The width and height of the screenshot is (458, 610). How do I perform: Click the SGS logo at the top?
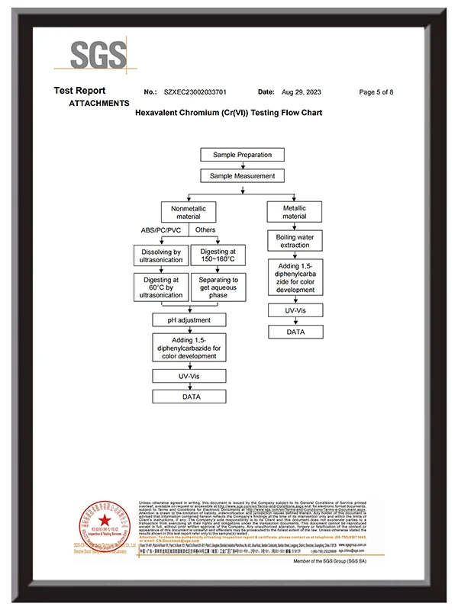click(98, 55)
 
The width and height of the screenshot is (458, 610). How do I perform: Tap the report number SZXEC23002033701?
click(195, 92)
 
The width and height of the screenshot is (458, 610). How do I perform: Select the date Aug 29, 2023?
click(302, 92)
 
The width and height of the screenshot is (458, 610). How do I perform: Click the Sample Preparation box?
click(242, 155)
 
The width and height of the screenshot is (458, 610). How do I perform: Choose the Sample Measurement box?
click(242, 175)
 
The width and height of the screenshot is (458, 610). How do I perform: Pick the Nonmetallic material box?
click(189, 212)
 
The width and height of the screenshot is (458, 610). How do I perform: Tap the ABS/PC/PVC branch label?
click(160, 230)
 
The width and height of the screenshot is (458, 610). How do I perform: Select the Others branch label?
click(205, 230)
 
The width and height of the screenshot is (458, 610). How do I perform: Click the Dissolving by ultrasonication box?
click(161, 256)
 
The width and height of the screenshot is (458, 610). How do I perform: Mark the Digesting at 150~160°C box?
click(218, 256)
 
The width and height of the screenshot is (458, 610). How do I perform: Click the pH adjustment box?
click(189, 319)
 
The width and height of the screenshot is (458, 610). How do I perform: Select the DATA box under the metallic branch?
click(295, 332)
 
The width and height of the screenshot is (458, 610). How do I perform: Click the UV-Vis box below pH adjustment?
click(189, 376)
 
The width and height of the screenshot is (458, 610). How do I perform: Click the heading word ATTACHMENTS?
click(98, 103)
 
